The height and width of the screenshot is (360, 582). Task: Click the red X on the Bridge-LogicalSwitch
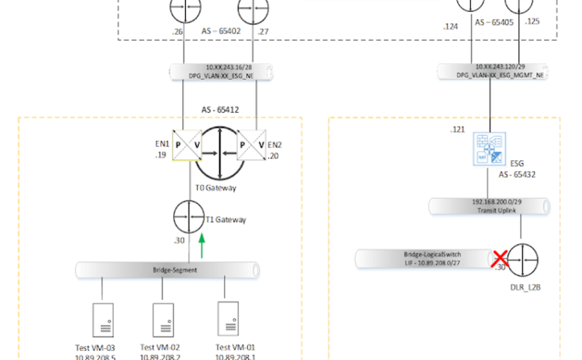click(x=501, y=260)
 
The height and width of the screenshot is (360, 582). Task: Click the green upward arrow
click(x=201, y=245)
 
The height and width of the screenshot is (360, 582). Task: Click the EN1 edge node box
click(x=187, y=145)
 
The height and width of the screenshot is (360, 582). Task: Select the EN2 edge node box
click(x=252, y=145)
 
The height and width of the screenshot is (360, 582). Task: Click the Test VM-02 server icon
click(x=164, y=319)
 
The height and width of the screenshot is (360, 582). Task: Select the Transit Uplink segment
click(x=489, y=205)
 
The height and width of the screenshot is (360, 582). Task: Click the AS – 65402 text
click(x=220, y=31)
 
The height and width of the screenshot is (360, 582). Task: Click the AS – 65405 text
click(x=494, y=23)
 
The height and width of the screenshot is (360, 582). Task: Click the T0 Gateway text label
click(x=216, y=188)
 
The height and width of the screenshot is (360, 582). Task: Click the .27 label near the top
click(x=263, y=31)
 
